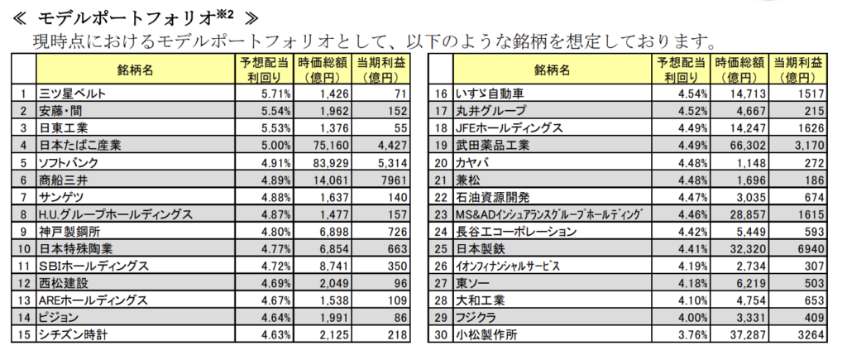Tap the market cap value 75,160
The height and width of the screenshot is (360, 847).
[323, 145]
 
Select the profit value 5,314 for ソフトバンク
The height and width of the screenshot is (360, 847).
[395, 162]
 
